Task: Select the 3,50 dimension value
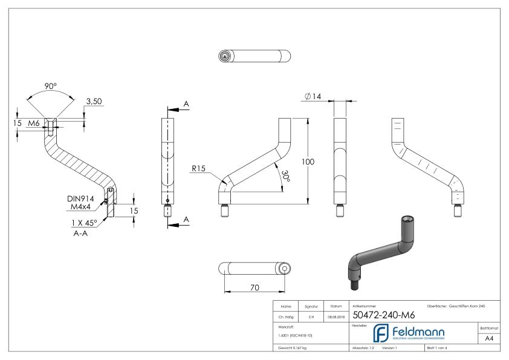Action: coord(94,102)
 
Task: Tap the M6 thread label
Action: coord(35,123)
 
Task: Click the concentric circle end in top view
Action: coord(225,56)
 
